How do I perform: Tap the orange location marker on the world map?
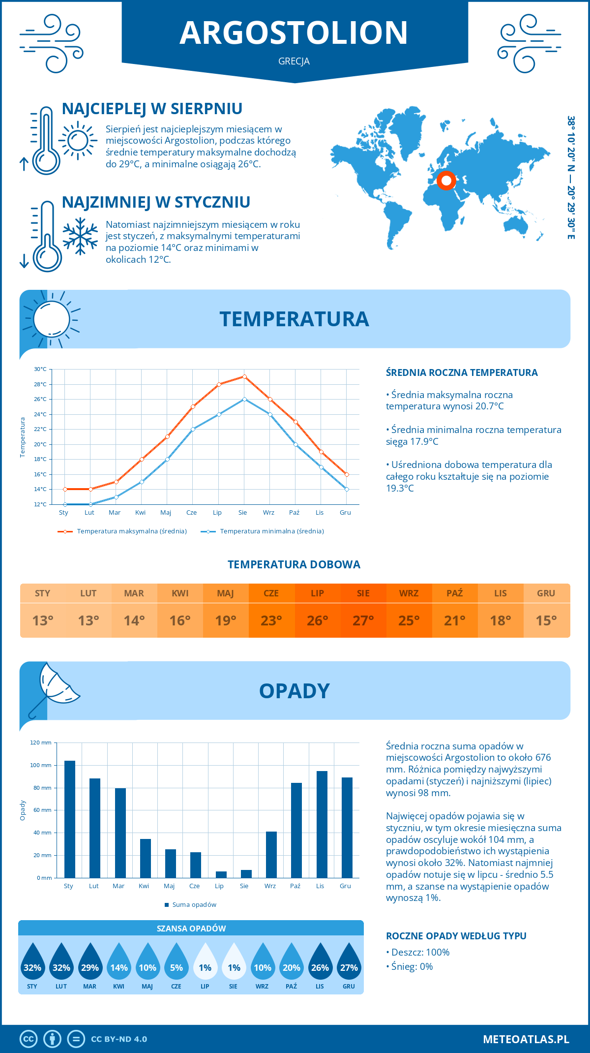pos(446,181)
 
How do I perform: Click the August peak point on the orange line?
pos(244,377)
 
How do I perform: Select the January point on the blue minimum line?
pos(65,504)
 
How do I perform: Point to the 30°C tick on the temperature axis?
pos(40,369)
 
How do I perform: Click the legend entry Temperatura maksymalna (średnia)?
pos(122,531)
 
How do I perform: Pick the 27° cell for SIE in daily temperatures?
pos(363,620)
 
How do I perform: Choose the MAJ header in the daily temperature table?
pos(226,593)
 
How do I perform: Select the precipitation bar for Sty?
pos(70,819)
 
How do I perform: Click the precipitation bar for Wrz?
pos(271,854)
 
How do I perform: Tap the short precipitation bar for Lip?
pos(221,874)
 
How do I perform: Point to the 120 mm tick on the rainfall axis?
pos(41,743)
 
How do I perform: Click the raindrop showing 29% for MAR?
pos(90,962)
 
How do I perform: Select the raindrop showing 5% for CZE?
pos(176,962)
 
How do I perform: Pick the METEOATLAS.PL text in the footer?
pos(526,1039)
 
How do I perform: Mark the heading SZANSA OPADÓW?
pos(191,929)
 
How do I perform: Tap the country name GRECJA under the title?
pos(294,62)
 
